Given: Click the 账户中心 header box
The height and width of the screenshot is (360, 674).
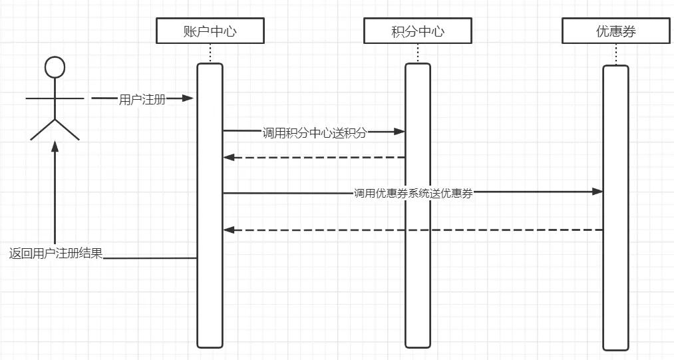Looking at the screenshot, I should pyautogui.click(x=210, y=31).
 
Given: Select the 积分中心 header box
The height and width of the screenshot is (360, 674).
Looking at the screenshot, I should pyautogui.click(x=418, y=31).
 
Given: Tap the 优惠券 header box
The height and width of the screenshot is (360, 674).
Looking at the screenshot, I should pyautogui.click(x=615, y=31).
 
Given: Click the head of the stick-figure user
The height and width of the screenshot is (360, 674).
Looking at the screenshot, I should pyautogui.click(x=55, y=67).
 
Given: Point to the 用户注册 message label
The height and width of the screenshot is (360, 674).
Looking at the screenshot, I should pyautogui.click(x=142, y=100).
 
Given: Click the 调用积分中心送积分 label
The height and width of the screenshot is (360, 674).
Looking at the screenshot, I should pyautogui.click(x=314, y=132).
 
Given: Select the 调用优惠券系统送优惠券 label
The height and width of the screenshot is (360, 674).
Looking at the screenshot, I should pyautogui.click(x=413, y=194).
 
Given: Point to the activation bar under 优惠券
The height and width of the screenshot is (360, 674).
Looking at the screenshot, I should pyautogui.click(x=615, y=279).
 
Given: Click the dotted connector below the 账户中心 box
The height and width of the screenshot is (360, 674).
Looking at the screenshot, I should pyautogui.click(x=210, y=53).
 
